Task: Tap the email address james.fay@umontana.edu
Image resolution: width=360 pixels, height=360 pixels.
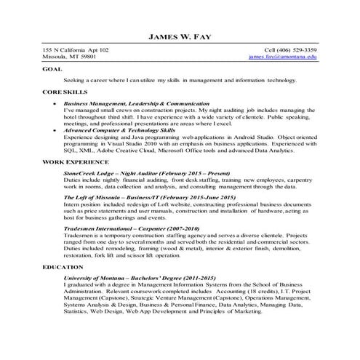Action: click(x=282, y=56)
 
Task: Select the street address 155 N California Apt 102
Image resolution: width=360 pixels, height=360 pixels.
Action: click(x=76, y=49)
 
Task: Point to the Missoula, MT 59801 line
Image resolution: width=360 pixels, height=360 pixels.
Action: click(x=69, y=56)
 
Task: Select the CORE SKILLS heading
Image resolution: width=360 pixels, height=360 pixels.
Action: click(x=65, y=93)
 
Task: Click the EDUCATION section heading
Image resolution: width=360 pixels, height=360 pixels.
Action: click(x=63, y=267)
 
